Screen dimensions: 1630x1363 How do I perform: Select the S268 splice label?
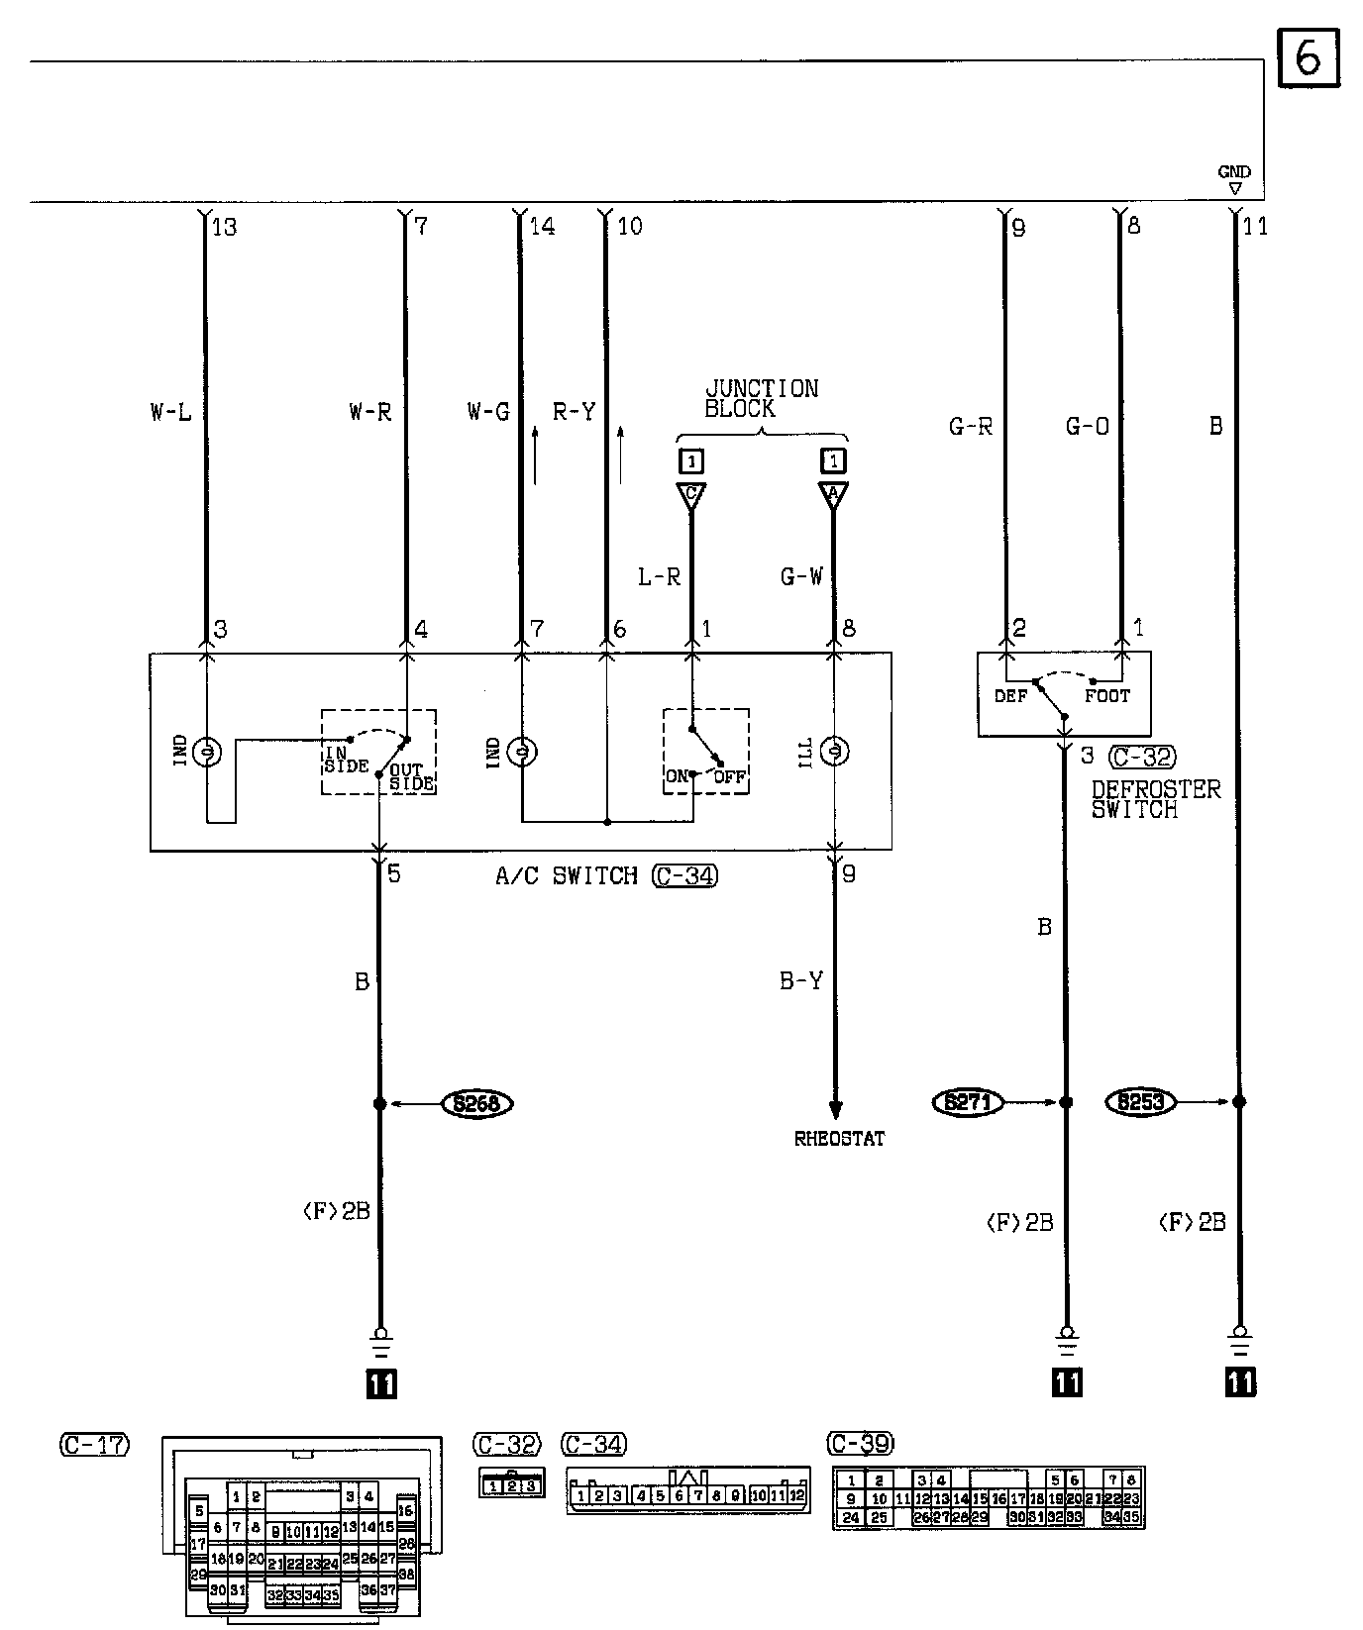476,1103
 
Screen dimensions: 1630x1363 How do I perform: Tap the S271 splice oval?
968,1101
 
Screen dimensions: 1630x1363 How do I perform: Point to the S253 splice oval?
1140,1101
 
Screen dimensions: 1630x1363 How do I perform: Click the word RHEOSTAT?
839,1139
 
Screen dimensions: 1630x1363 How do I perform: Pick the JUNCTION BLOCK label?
761,398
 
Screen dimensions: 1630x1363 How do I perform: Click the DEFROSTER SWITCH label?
1155,799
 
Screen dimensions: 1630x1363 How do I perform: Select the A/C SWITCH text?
566,876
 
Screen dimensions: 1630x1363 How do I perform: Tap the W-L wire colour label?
170,412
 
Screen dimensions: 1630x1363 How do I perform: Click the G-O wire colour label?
1087,427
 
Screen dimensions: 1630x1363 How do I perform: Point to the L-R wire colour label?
659,576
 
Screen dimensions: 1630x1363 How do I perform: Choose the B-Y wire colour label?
800,981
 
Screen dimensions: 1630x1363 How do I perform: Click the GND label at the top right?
1234,172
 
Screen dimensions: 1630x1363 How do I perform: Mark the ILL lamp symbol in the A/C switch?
835,753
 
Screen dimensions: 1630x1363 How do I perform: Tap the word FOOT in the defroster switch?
1106,696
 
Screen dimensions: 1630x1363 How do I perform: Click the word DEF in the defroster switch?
1010,696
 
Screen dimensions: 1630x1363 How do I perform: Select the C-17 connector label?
94,1445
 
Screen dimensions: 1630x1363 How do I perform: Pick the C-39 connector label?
860,1443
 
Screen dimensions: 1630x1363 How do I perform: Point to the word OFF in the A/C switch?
729,777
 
